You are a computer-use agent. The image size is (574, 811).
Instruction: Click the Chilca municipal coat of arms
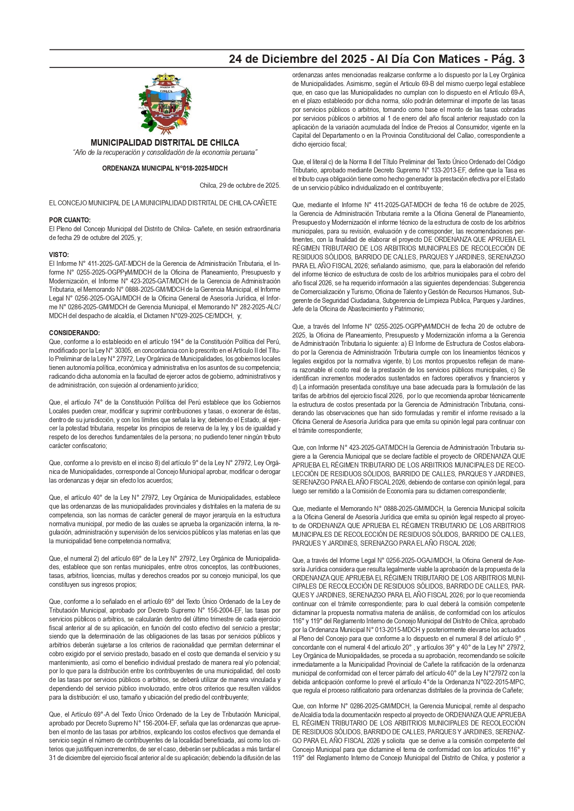[165, 103]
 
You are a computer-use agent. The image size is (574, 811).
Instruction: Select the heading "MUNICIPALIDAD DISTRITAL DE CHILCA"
[165, 143]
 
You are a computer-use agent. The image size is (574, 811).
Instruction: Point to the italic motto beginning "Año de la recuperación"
[165, 153]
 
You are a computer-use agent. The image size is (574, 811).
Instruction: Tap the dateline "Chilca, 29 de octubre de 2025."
[240, 186]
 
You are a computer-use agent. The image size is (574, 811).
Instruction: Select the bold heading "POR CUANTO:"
[70, 220]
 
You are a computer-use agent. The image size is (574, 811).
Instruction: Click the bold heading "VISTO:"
[59, 255]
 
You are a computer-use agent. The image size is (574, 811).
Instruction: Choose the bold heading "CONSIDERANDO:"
[74, 333]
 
